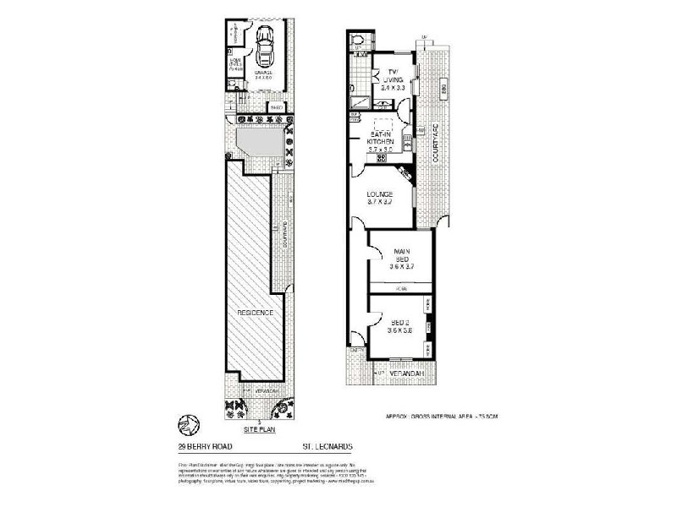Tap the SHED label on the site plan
[x=276, y=107]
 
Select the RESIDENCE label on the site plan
[x=255, y=312]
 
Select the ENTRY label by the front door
[x=356, y=350]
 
